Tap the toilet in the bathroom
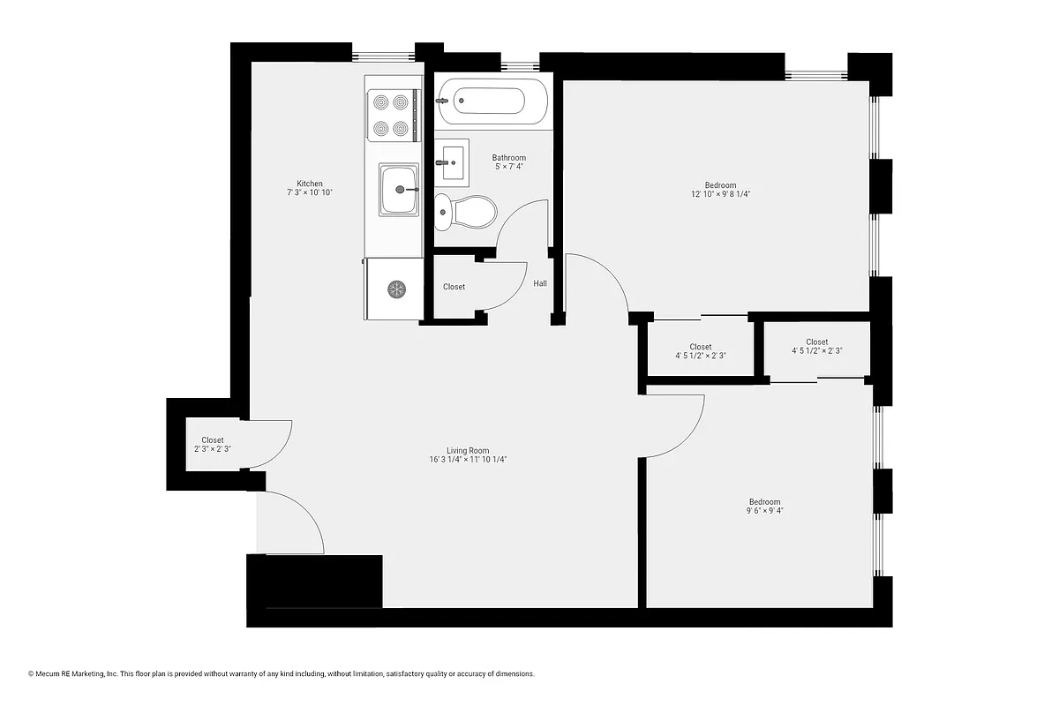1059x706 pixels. pyautogui.click(x=468, y=212)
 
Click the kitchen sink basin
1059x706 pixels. pyautogui.click(x=400, y=189)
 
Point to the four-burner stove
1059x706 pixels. pyautogui.click(x=391, y=116)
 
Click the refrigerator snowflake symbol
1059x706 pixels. pyautogui.click(x=397, y=289)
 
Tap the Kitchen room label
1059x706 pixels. pyautogui.click(x=310, y=184)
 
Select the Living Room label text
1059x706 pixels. pyautogui.click(x=468, y=450)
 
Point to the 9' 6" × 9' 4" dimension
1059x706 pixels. pyautogui.click(x=764, y=510)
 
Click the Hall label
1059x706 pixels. pyautogui.click(x=540, y=283)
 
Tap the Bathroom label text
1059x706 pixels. pyautogui.click(x=508, y=158)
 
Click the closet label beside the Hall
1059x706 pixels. pyautogui.click(x=454, y=287)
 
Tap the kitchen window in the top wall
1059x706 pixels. pyautogui.click(x=383, y=55)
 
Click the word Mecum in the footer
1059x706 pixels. pyautogui.click(x=49, y=673)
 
